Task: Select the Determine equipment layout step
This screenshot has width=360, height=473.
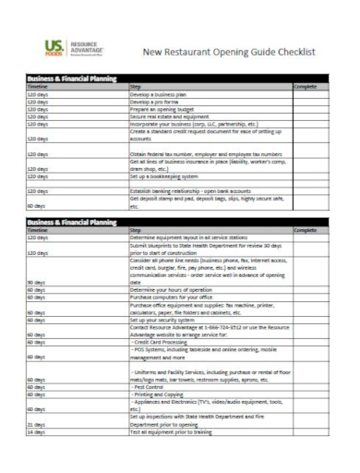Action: coord(195,237)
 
